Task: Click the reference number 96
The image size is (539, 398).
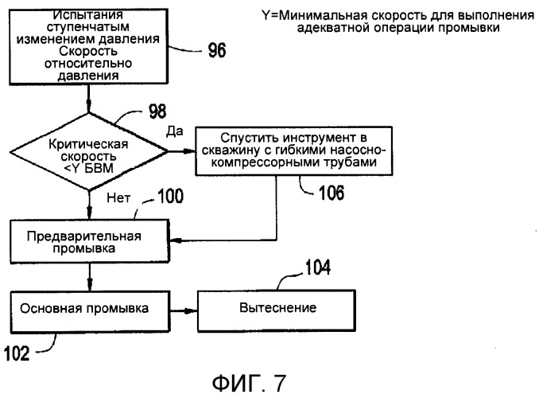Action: tap(216, 52)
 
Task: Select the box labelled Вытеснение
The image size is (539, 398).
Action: tap(272, 306)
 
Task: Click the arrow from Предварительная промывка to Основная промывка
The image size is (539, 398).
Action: tap(90, 275)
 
